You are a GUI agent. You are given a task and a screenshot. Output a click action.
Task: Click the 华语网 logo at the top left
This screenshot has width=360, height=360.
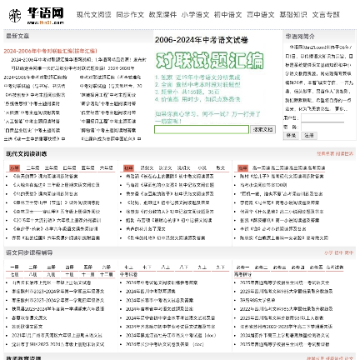coord(36,14)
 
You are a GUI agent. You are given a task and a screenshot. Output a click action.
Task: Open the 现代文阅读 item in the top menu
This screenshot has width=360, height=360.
coord(93,15)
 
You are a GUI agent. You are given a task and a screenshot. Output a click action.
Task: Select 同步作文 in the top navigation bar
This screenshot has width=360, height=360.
coord(130,15)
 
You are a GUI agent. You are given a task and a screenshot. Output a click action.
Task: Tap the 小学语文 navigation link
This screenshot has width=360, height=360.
coord(196,15)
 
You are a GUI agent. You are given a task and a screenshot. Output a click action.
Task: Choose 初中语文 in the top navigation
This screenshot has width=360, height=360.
coord(227,15)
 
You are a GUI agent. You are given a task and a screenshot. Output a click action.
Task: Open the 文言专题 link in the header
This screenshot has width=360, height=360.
coord(326,15)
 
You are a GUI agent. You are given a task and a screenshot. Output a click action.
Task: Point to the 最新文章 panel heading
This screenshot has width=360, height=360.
coord(17,36)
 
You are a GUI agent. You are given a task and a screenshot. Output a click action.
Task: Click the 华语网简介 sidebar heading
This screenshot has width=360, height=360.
coord(300,37)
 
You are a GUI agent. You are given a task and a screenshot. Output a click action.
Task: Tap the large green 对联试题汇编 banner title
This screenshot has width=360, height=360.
coord(208,60)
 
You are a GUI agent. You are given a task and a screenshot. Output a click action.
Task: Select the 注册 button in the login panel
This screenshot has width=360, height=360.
coord(309,135)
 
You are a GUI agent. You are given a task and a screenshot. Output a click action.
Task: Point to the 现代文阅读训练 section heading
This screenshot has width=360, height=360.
coord(25,154)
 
